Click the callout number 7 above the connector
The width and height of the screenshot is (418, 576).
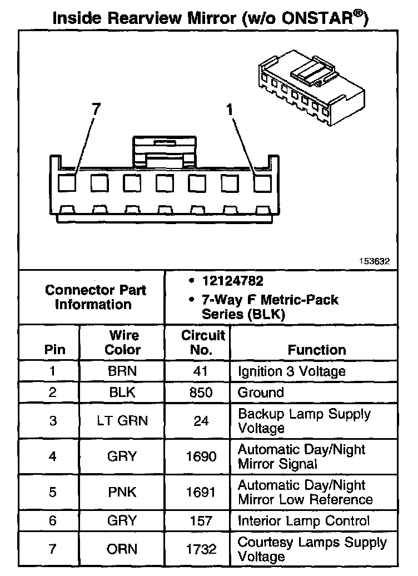[96, 110]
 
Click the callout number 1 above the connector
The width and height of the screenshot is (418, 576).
[230, 110]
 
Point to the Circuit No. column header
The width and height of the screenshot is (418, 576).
[203, 342]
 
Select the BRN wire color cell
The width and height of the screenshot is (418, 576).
[123, 371]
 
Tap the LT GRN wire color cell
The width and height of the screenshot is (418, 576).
[123, 421]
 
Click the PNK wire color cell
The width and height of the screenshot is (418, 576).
[123, 493]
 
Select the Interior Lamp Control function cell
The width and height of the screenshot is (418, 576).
[303, 521]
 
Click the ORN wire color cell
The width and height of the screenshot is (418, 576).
[123, 549]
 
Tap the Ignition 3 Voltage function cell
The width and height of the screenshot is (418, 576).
[291, 371]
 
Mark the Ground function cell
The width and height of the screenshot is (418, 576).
[261, 393]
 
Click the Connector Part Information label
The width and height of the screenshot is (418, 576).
[96, 297]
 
